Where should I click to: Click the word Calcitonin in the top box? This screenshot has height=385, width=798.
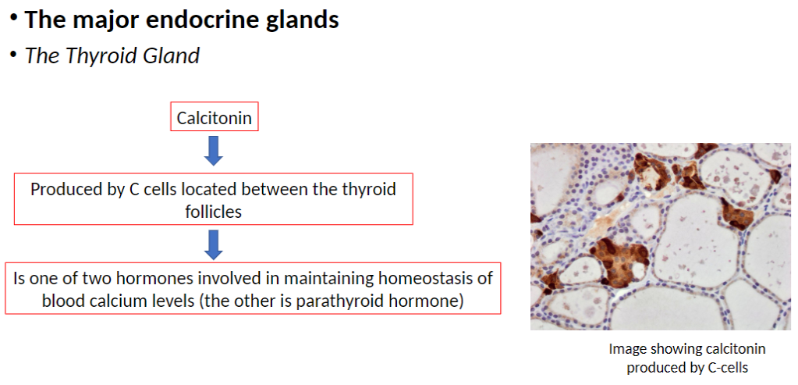point(215,118)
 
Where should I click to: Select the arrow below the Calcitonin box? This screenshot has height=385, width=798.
point(214,151)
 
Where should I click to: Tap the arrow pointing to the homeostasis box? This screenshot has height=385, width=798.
point(214,245)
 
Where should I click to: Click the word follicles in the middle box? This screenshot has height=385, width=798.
point(213,212)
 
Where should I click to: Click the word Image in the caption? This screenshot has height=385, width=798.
point(625,349)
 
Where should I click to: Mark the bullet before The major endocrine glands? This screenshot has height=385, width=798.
point(15,19)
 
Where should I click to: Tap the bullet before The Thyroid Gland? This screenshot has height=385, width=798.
point(14,54)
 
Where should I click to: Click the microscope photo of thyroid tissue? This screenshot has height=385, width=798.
point(661,237)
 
